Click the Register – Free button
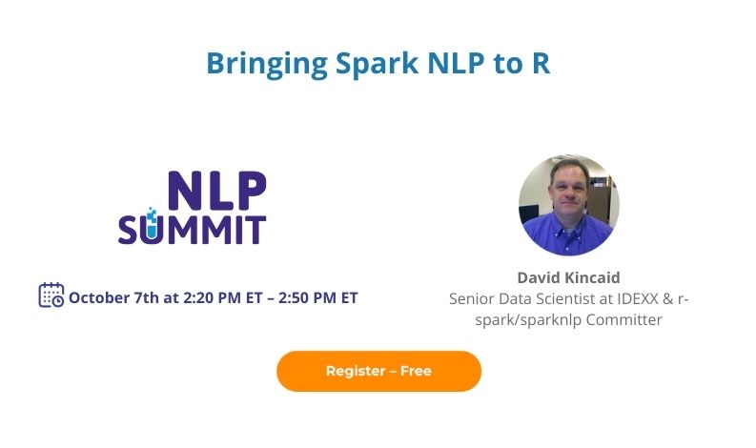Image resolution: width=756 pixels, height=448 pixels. [378, 371]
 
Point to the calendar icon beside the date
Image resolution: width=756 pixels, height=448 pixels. [51, 295]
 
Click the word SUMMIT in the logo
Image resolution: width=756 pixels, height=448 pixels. [192, 229]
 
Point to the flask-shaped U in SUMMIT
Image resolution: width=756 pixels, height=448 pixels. [152, 227]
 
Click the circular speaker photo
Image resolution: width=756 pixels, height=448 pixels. [569, 205]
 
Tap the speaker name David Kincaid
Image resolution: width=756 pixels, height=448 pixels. [568, 277]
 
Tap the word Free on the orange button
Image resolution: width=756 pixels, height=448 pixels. [416, 371]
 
